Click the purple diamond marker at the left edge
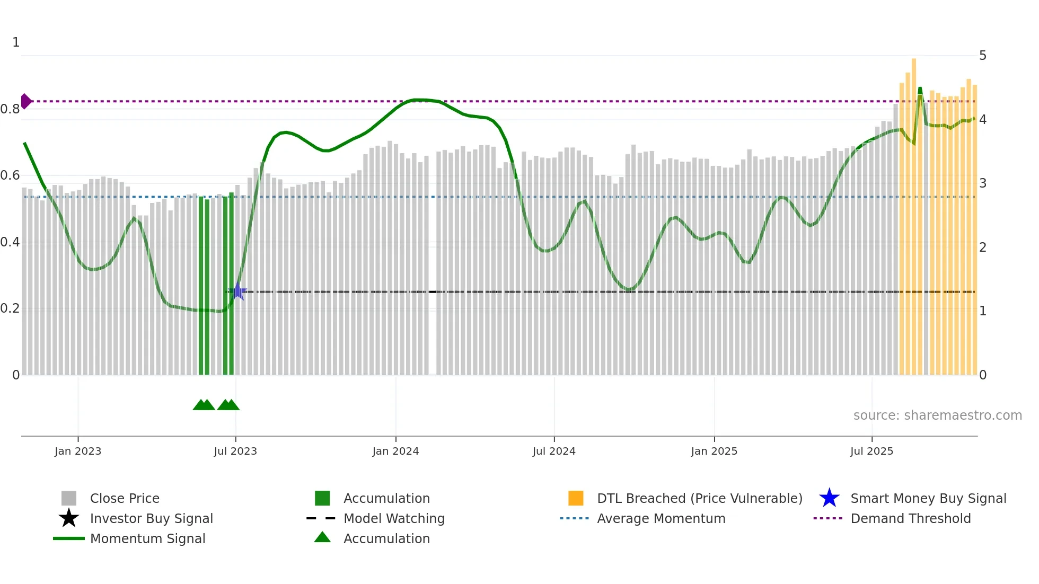pyautogui.click(x=26, y=101)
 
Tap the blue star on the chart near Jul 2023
pyautogui.click(x=237, y=291)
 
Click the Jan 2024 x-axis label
pyautogui.click(x=395, y=451)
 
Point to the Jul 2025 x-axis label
pyautogui.click(x=871, y=451)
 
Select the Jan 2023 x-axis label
pyautogui.click(x=78, y=451)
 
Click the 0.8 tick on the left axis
pyautogui.click(x=10, y=109)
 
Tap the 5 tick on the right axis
pyautogui.click(x=983, y=56)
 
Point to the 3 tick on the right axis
pyautogui.click(x=983, y=183)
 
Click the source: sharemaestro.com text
pyautogui.click(x=937, y=415)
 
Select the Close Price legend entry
pyautogui.click(x=125, y=498)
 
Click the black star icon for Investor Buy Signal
pyautogui.click(x=69, y=518)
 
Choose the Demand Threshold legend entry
pyautogui.click(x=910, y=518)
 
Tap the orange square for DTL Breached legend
pyautogui.click(x=576, y=498)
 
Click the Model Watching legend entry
pyautogui.click(x=393, y=518)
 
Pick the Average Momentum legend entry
pyautogui.click(x=661, y=518)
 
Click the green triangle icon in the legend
pyautogui.click(x=322, y=537)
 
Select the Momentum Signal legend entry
pyautogui.click(x=147, y=538)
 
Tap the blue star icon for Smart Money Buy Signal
pyautogui.click(x=829, y=498)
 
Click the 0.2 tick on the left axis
pyautogui.click(x=10, y=308)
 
